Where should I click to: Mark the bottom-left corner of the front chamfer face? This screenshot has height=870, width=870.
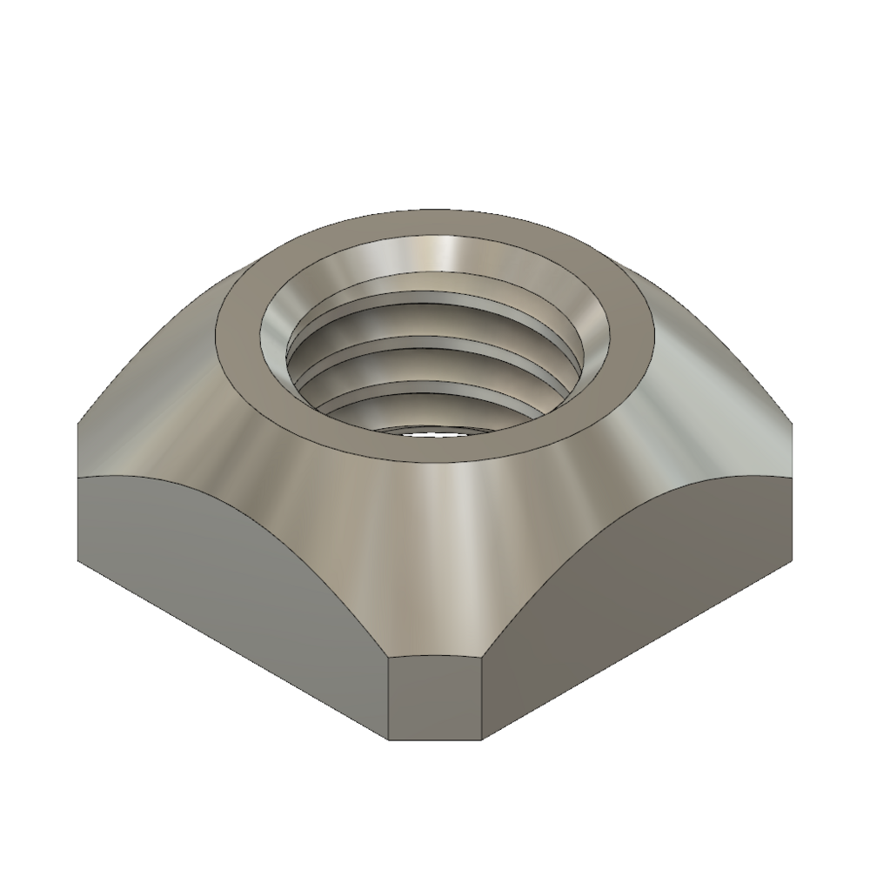pyautogui.click(x=388, y=739)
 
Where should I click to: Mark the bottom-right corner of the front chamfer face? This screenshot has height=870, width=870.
pyautogui.click(x=483, y=739)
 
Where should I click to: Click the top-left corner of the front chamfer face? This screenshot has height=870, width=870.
pyautogui.click(x=388, y=658)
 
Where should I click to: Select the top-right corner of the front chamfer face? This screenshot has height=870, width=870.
pyautogui.click(x=483, y=658)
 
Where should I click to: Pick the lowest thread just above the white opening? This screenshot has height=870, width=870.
pyautogui.click(x=435, y=409)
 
